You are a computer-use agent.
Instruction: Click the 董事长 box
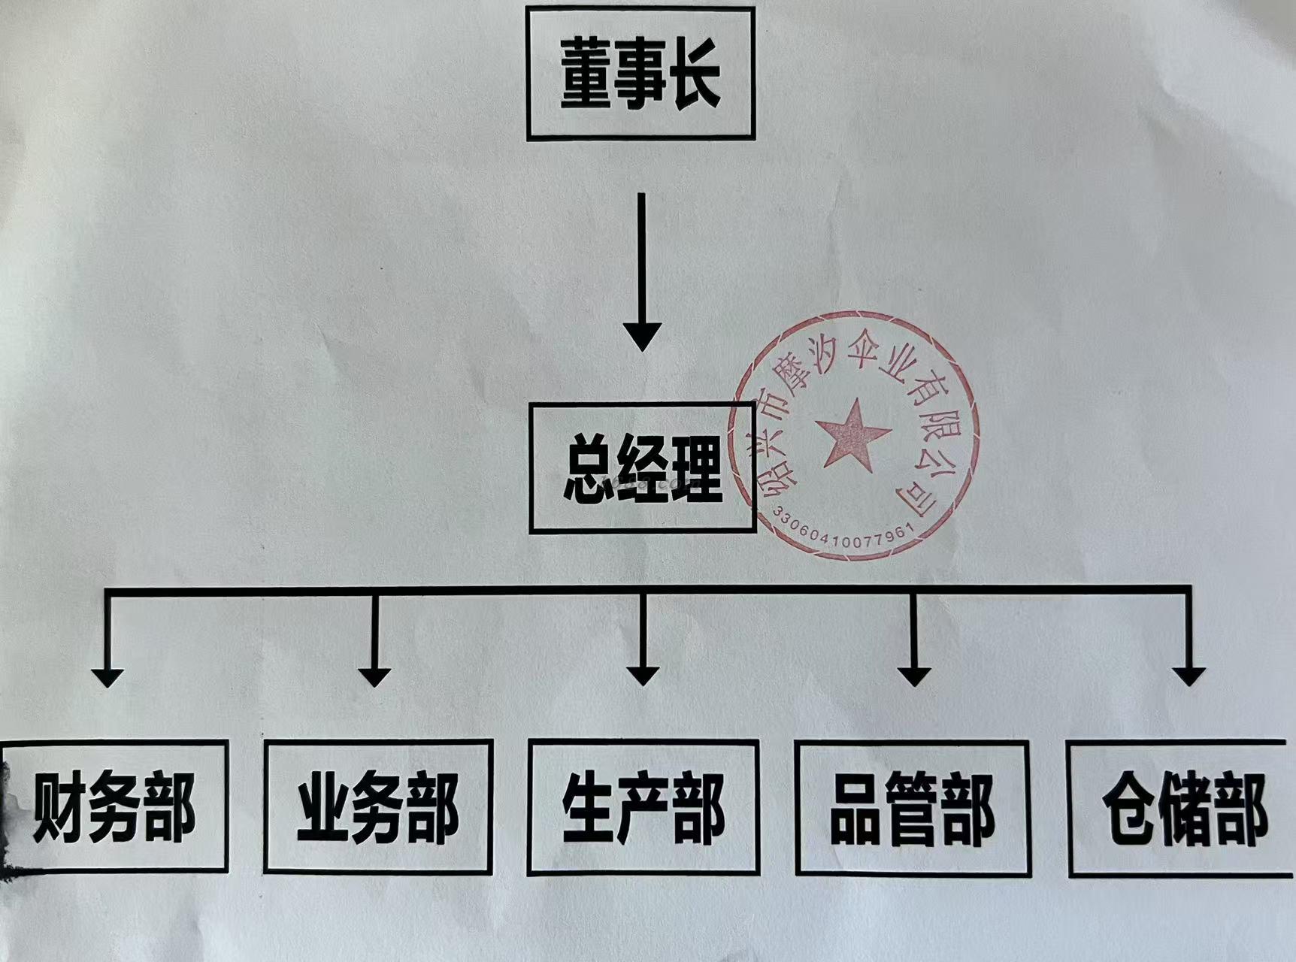click(x=640, y=74)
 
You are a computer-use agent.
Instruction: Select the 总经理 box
click(x=642, y=468)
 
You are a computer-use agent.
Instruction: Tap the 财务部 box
click(x=114, y=806)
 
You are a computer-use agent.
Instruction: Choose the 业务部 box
click(x=378, y=806)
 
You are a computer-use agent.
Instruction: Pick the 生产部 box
click(x=643, y=807)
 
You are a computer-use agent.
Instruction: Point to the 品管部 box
click(x=912, y=809)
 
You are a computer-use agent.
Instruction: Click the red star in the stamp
click(x=855, y=434)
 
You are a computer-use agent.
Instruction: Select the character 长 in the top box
click(x=695, y=74)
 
